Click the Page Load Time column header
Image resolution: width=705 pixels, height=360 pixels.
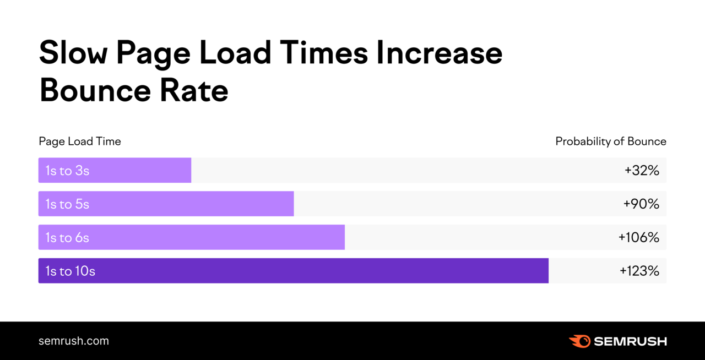tap(80, 141)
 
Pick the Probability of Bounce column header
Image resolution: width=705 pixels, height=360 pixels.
tap(611, 141)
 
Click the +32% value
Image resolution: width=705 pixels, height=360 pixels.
tap(642, 171)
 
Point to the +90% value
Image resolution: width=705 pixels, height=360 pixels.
tap(641, 204)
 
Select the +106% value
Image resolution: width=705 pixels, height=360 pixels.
tap(639, 238)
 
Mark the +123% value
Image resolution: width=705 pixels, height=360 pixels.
tap(639, 271)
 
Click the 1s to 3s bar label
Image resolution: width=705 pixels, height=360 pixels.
tap(67, 171)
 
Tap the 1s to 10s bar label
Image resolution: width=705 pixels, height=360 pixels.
tap(70, 271)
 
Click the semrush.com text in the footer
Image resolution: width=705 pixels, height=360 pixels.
tap(74, 341)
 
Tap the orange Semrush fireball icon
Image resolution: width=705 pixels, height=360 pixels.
tap(579, 341)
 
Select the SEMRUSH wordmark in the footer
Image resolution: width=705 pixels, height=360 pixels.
tap(630, 341)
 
